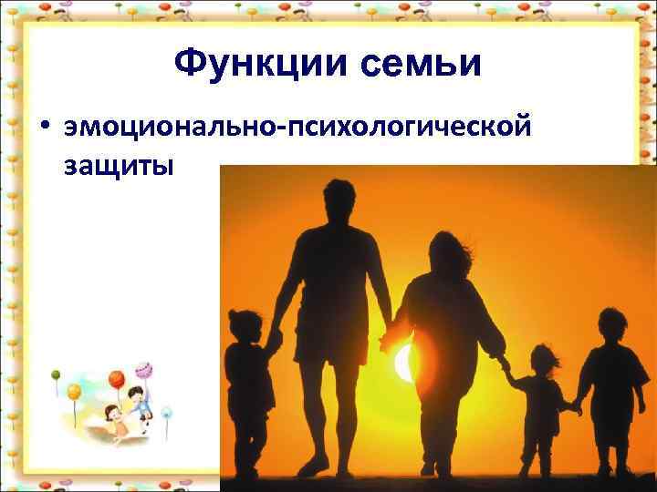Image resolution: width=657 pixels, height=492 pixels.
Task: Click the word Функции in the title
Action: click(254, 63)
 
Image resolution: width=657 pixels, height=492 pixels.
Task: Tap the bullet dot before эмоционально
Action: click(42, 128)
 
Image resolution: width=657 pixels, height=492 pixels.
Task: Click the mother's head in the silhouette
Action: click(444, 254)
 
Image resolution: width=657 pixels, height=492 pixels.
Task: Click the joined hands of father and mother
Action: click(390, 333)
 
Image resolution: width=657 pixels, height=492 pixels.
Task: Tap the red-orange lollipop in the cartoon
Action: click(116, 378)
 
